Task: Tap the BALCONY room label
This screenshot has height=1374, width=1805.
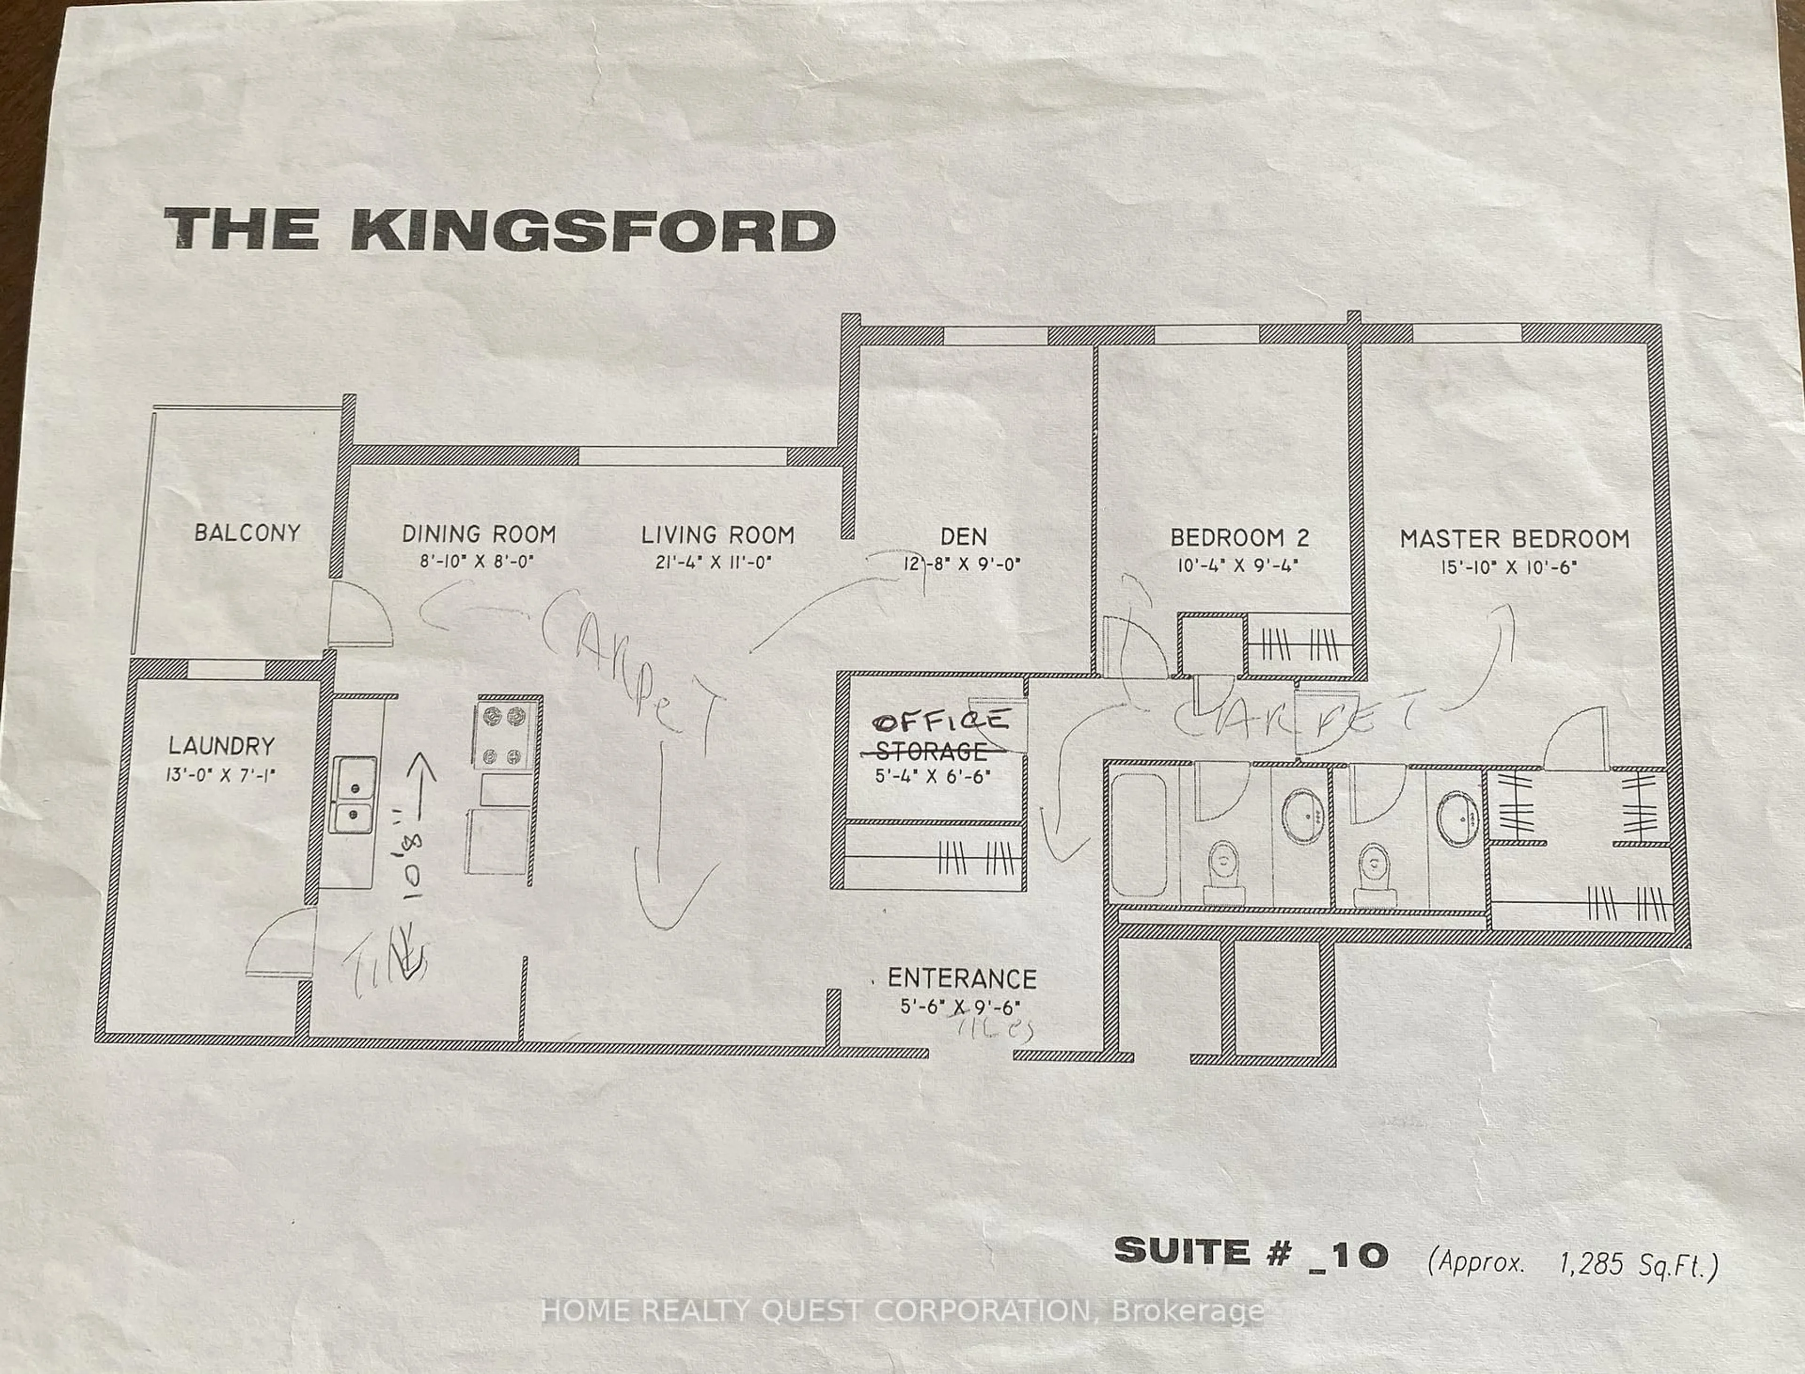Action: pos(247,533)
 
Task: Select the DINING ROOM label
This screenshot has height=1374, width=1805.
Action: pos(479,535)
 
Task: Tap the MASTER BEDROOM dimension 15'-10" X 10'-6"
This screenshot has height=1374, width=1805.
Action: pos(1509,567)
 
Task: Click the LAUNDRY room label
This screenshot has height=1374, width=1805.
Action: pos(221,746)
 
